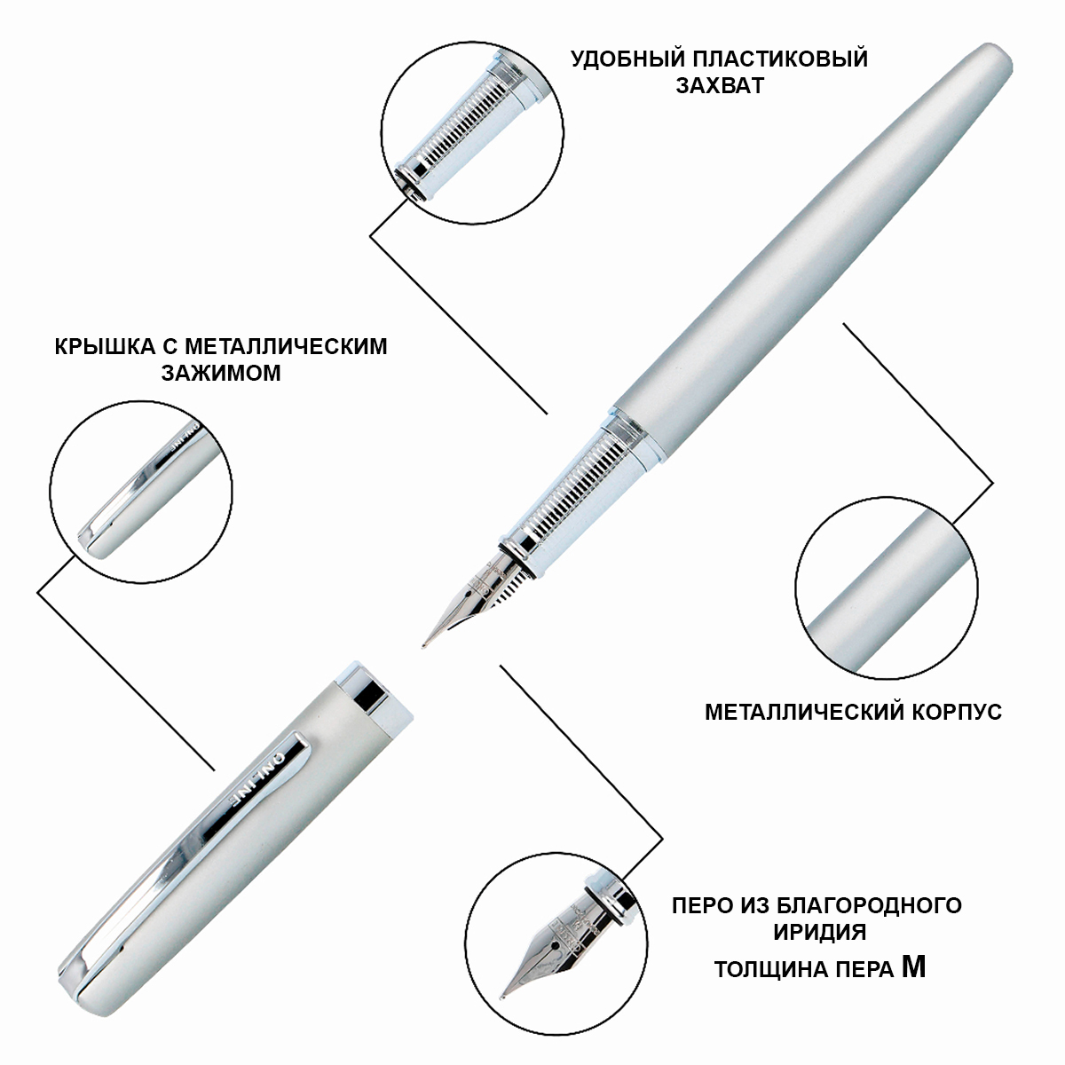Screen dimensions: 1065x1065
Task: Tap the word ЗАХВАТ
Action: tap(720, 86)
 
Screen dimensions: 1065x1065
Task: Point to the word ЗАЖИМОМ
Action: tap(221, 373)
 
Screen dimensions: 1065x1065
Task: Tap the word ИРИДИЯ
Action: tap(820, 933)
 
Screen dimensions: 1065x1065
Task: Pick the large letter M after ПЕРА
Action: tap(913, 966)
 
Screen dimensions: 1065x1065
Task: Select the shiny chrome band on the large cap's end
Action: tap(371, 696)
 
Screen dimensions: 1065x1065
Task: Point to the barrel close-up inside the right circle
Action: tap(887, 588)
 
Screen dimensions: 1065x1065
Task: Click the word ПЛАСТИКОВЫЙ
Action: tap(782, 59)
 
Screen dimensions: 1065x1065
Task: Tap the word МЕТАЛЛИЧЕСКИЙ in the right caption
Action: tap(805, 712)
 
